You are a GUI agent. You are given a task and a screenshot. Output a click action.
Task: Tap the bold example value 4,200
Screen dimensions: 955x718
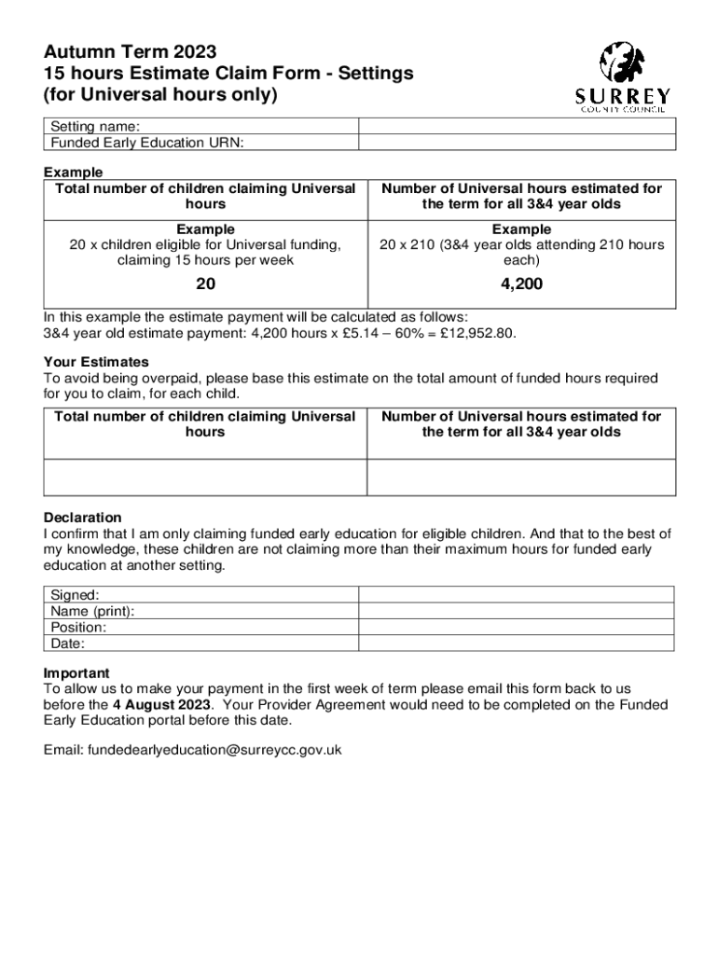(x=521, y=284)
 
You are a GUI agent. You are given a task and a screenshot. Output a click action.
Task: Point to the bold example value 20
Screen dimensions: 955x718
(x=205, y=284)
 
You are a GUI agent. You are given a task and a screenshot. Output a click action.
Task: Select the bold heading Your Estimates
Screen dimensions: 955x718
(x=96, y=362)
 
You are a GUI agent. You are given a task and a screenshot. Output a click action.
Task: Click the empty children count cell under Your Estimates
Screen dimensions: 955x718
(x=205, y=477)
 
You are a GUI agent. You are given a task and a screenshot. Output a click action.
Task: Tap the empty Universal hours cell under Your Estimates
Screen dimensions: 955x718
(x=521, y=477)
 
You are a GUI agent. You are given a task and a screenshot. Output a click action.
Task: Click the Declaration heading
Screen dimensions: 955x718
(x=83, y=518)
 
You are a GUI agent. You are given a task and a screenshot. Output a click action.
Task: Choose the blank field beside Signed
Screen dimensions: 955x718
(x=517, y=595)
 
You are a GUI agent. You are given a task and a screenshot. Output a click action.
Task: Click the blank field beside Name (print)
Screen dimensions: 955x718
(x=517, y=611)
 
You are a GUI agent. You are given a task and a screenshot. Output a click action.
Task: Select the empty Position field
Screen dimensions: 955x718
(x=517, y=627)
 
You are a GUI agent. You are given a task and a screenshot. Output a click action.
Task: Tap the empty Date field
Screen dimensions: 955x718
(x=517, y=643)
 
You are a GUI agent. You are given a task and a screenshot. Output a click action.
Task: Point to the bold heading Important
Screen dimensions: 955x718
(x=76, y=673)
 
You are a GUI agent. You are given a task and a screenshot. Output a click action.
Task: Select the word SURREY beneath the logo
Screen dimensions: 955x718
(x=622, y=96)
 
